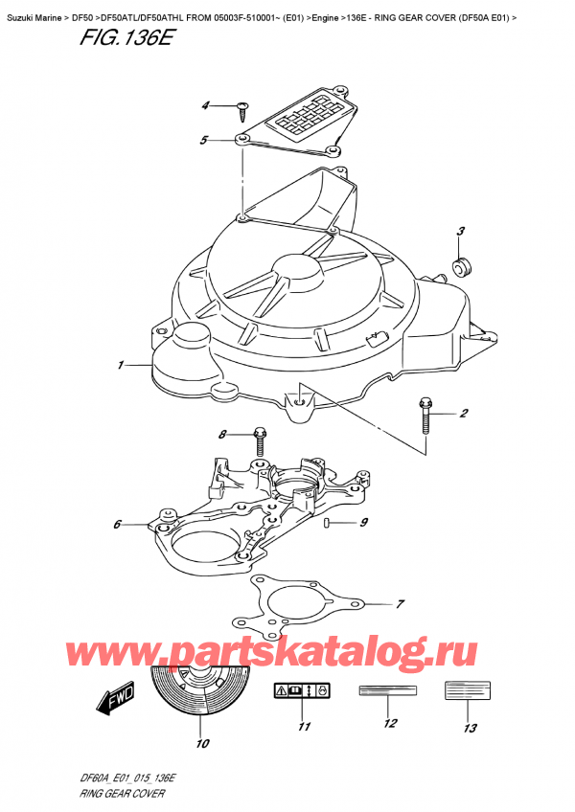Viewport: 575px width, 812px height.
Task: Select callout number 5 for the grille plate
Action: click(203, 141)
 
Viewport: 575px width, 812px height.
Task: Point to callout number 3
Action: click(460, 231)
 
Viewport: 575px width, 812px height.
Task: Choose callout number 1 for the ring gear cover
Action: click(122, 365)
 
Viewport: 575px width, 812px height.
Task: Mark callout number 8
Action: click(223, 435)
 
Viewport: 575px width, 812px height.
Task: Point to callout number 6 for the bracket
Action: click(116, 524)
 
